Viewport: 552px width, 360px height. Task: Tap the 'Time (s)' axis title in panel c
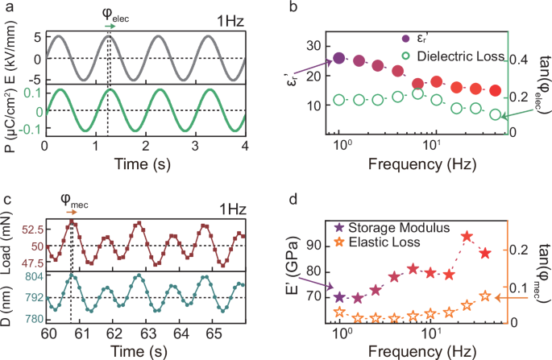click(x=143, y=351)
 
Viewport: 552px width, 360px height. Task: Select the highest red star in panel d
click(x=467, y=236)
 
